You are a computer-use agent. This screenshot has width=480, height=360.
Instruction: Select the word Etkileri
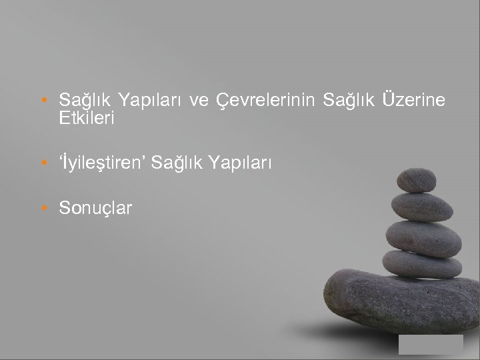[87, 119]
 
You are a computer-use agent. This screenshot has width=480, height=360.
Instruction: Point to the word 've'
[197, 101]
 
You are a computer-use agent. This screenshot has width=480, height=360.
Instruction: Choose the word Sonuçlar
[95, 208]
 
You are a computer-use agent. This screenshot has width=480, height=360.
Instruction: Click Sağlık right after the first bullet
[85, 101]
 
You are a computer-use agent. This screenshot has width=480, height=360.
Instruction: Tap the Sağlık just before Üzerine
[349, 101]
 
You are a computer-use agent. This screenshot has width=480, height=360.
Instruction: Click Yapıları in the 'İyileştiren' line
[241, 162]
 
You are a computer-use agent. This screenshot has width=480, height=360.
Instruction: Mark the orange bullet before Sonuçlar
[43, 209]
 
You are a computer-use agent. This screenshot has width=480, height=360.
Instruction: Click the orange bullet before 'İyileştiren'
[43, 163]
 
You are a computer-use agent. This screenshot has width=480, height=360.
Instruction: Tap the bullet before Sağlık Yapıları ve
[43, 101]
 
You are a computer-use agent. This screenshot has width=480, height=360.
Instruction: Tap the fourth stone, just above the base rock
[422, 263]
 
